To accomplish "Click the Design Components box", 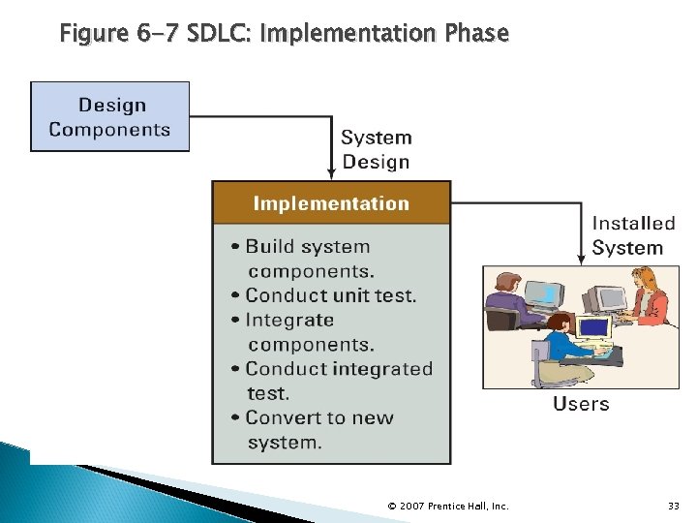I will pyautogui.click(x=109, y=116).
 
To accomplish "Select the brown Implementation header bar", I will pyautogui.click(x=331, y=203).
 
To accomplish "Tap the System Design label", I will pyautogui.click(x=377, y=150).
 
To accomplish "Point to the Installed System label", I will pyautogui.click(x=633, y=235).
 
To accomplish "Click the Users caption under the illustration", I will pyautogui.click(x=581, y=404).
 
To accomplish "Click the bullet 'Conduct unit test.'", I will pyautogui.click(x=329, y=295).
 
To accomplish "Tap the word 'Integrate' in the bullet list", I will pyautogui.click(x=289, y=320).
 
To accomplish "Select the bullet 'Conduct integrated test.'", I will pyautogui.click(x=337, y=380).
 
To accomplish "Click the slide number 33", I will pyautogui.click(x=674, y=506).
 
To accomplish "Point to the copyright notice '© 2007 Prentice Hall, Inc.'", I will pyautogui.click(x=447, y=506).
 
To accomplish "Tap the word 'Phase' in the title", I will pyautogui.click(x=475, y=34).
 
